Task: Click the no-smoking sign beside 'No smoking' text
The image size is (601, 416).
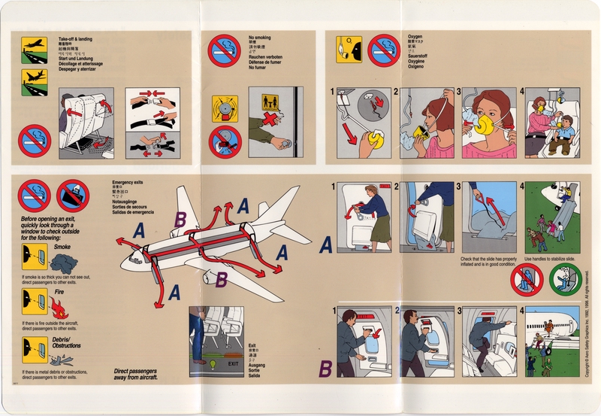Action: pos(223,50)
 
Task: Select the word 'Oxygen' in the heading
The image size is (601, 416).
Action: pos(415,36)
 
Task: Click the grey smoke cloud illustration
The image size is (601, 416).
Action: pos(59,261)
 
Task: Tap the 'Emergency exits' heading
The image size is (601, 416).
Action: pos(127,184)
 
